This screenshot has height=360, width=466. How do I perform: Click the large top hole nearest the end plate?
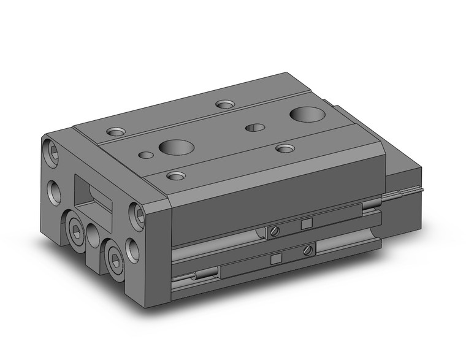click(176, 147)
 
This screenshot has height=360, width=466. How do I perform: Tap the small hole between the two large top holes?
click(254, 128)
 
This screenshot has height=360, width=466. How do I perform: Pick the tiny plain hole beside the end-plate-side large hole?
click(146, 155)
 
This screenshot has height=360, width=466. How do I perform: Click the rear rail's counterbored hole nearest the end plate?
click(115, 131)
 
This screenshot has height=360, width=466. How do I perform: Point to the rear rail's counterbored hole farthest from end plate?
click(226, 105)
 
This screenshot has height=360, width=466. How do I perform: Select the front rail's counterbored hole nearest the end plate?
click(176, 176)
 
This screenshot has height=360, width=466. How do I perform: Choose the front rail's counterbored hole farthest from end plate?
click(285, 148)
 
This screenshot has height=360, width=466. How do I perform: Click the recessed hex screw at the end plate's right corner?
click(139, 213)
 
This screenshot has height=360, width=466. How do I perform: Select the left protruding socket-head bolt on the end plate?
click(75, 232)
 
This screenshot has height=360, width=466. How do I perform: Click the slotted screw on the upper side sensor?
click(275, 231)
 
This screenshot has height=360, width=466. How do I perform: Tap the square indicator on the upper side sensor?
click(307, 223)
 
